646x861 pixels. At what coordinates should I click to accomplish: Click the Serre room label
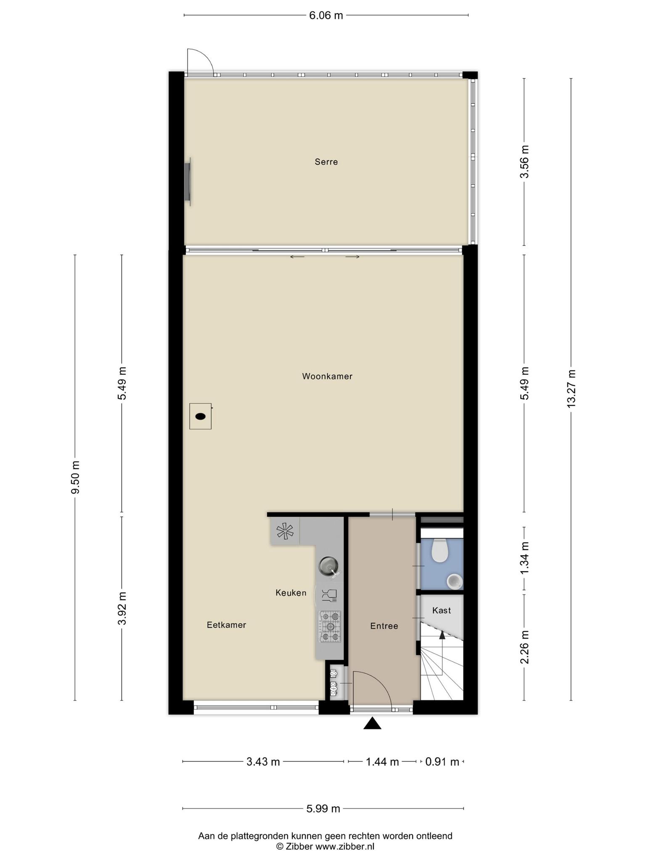(x=326, y=162)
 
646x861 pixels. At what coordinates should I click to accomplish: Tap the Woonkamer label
(x=327, y=376)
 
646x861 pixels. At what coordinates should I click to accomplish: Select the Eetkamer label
(x=226, y=625)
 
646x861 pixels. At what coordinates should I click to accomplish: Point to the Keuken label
(x=291, y=593)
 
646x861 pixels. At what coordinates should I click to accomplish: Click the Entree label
(x=384, y=626)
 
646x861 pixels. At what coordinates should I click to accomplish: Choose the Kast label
(x=442, y=610)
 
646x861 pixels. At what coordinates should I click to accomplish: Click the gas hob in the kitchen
(x=330, y=626)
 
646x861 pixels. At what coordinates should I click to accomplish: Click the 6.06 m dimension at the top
(x=326, y=16)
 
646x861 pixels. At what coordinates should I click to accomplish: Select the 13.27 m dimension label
(x=571, y=388)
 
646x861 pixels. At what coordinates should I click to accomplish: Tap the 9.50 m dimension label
(x=75, y=478)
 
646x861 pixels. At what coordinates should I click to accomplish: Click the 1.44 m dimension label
(x=382, y=761)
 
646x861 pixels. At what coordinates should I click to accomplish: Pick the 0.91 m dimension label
(x=442, y=761)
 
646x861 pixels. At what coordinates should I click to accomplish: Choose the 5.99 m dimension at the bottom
(x=323, y=808)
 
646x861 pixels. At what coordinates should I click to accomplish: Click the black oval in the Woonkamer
(x=201, y=417)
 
